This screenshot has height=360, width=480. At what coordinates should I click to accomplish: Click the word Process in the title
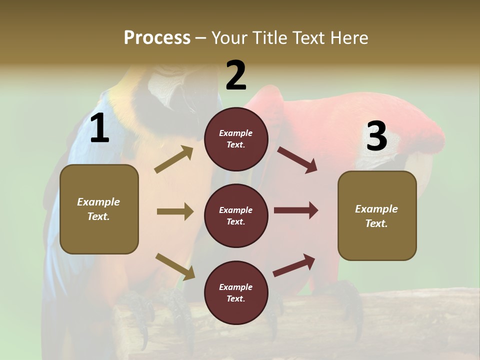[x=157, y=37]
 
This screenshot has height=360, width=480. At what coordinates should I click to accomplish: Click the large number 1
[x=99, y=128]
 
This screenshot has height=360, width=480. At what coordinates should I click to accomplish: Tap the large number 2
[x=236, y=75]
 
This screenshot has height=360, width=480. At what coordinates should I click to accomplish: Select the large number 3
[x=376, y=136]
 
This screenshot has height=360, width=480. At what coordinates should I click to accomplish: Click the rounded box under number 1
[x=99, y=209]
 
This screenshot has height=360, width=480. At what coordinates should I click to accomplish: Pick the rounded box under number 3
[x=377, y=215]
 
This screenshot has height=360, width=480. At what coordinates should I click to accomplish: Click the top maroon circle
[x=236, y=139]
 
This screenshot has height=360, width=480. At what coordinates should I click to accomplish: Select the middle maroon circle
[x=236, y=215]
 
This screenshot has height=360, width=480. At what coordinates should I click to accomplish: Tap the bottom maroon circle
[x=236, y=292]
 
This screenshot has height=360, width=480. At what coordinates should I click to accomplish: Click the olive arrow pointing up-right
[x=174, y=159]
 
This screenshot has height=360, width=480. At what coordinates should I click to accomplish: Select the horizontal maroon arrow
[x=296, y=210]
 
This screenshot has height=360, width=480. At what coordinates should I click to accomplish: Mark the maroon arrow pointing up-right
[x=294, y=265]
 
